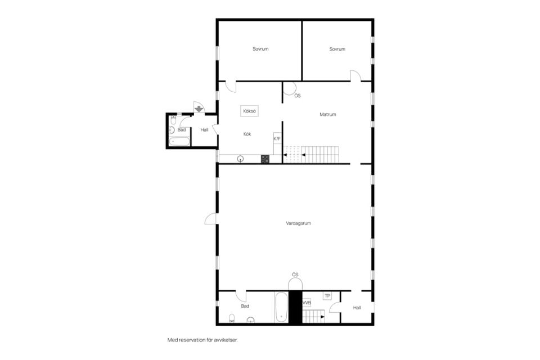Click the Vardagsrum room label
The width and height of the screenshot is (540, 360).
(298, 223)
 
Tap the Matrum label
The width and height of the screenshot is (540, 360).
(327, 114)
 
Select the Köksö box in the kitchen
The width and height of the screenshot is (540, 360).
(249, 111)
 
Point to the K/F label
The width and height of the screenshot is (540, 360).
(277, 138)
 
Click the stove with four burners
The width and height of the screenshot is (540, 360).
(265, 159)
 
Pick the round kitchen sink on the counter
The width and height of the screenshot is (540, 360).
(240, 159)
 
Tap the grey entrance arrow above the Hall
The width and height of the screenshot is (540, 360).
(199, 109)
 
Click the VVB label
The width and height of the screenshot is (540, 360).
(307, 303)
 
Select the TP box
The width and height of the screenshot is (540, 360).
(327, 296)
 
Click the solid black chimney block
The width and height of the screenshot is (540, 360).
(295, 307)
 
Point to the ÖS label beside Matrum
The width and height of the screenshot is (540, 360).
(297, 96)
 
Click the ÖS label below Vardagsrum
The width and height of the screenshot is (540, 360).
(295, 274)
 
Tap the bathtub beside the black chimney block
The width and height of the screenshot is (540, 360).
(281, 307)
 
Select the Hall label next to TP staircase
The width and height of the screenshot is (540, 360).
(357, 308)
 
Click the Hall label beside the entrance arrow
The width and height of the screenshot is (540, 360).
(204, 130)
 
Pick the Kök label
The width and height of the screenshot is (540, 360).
(247, 134)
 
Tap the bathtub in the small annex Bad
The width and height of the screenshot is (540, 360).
(179, 141)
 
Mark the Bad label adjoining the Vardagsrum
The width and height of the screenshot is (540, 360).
(245, 306)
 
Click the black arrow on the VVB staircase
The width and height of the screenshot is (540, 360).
(322, 316)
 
